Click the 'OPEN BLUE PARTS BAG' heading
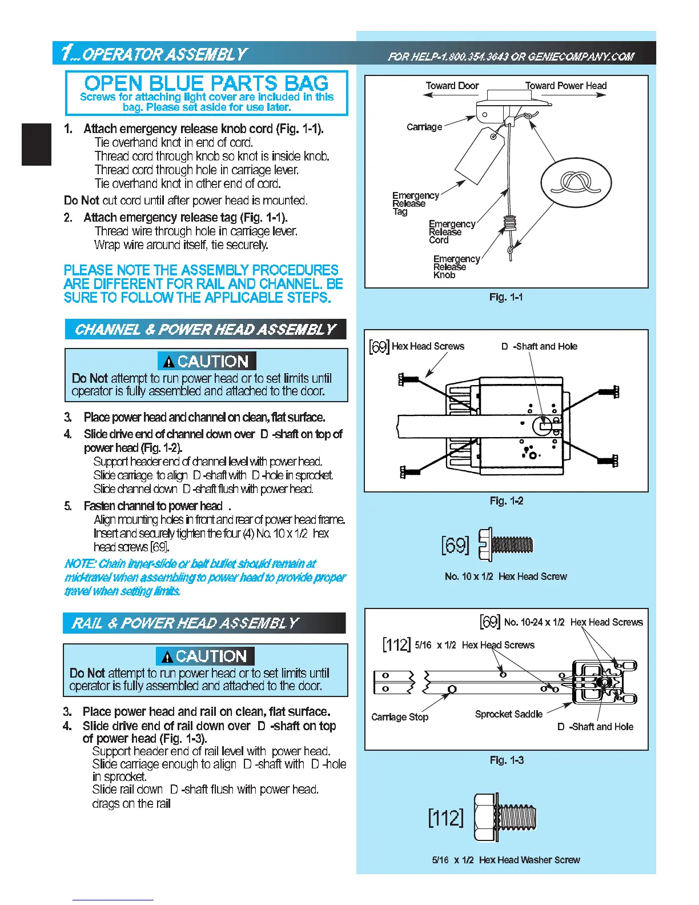coord(206,83)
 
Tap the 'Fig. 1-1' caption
coord(506,297)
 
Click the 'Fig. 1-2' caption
coord(506,500)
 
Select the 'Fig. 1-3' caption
coord(506,760)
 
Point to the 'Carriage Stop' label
coord(400,717)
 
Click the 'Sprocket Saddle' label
coord(508,714)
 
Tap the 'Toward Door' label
coord(452,86)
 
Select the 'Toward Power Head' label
coord(565,86)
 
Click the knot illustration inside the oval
coord(576,184)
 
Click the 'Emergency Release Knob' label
coord(456,267)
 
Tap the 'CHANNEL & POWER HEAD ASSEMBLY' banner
coord(206,330)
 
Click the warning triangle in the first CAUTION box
coord(168,362)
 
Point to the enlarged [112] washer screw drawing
coord(505,817)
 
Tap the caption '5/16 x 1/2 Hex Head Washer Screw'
coord(506,860)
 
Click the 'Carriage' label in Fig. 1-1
coord(424,127)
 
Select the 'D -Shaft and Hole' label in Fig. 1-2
coord(539,346)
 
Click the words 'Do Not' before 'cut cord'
coord(81,201)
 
